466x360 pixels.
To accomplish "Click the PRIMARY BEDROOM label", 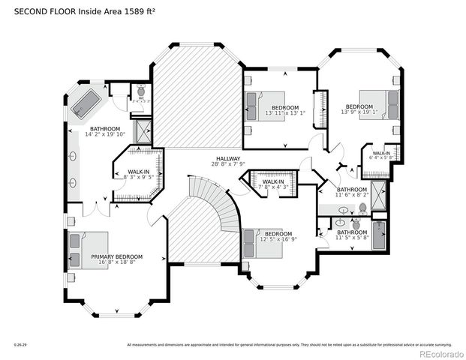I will click(116, 256).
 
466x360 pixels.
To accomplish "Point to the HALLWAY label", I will click(228, 159).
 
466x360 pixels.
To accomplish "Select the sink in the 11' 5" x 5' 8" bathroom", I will click(341, 223).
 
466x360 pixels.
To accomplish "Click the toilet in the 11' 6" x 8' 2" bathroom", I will click(362, 208).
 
